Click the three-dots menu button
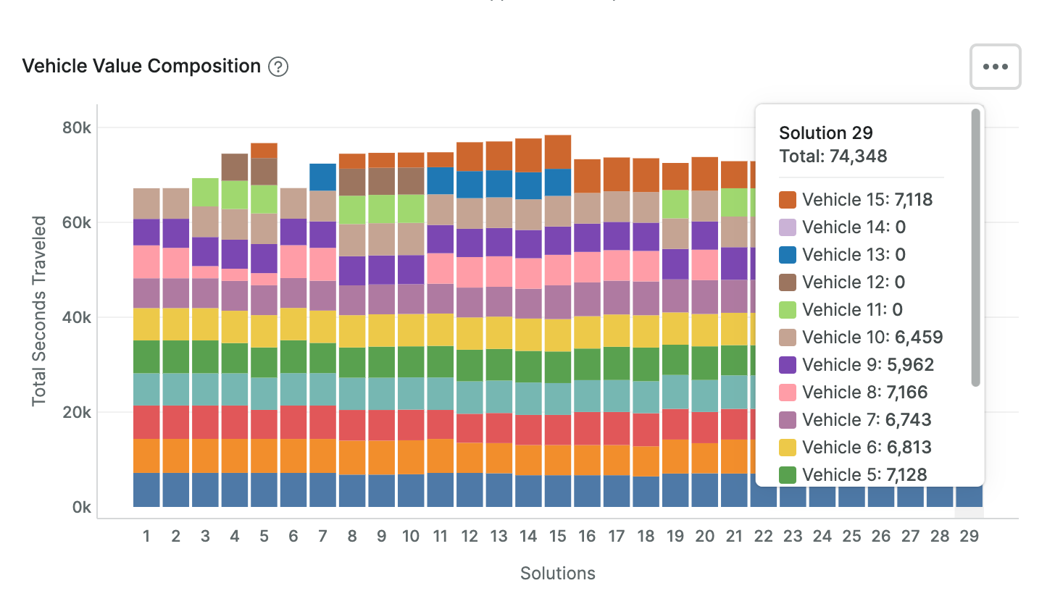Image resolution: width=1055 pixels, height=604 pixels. click(x=995, y=67)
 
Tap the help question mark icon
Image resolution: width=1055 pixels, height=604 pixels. click(x=278, y=67)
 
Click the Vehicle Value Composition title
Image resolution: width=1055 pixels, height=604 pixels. click(x=141, y=67)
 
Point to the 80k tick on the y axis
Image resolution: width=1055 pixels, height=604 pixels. click(x=76, y=127)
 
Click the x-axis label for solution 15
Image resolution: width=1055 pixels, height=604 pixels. click(x=557, y=537)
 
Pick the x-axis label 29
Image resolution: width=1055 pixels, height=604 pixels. click(x=969, y=537)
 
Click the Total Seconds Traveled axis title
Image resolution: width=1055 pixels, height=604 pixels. click(x=40, y=310)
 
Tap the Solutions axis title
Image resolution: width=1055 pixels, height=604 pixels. click(x=557, y=574)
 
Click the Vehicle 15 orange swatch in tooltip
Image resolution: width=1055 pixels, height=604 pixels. click(x=788, y=200)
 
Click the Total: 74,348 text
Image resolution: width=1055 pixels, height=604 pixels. click(x=833, y=156)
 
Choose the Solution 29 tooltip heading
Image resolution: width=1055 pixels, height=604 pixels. click(x=825, y=133)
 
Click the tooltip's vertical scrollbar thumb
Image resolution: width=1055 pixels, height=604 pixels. click(x=975, y=246)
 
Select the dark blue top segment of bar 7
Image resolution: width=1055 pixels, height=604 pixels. click(x=322, y=177)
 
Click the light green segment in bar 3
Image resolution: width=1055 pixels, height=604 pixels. click(x=205, y=192)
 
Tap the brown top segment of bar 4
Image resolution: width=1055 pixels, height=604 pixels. click(x=234, y=167)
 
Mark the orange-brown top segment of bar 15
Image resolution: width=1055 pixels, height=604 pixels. click(x=557, y=151)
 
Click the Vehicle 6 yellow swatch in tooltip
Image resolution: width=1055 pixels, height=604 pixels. click(x=788, y=448)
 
